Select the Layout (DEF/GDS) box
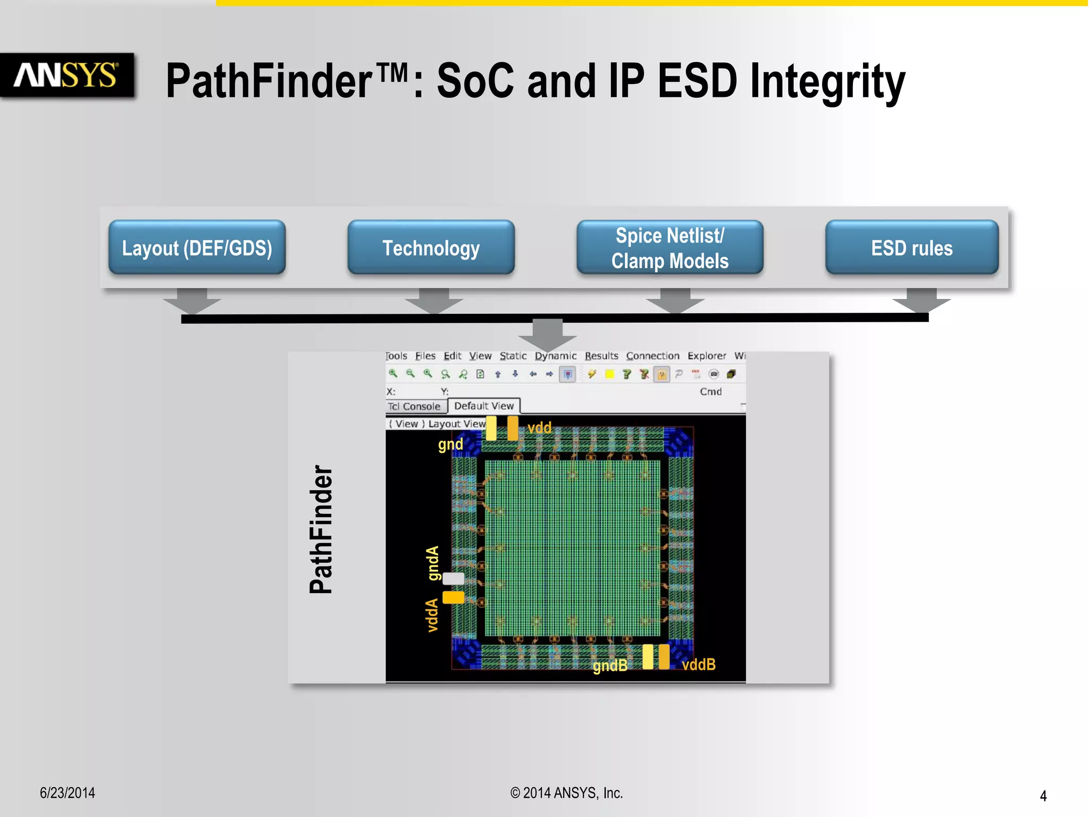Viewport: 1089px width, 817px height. point(197,248)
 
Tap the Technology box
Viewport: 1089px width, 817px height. point(431,248)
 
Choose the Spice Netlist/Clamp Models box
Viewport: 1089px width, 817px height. point(669,248)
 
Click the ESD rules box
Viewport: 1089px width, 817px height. point(911,248)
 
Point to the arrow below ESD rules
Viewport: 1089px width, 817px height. point(921,301)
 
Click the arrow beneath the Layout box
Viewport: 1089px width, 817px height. point(191,301)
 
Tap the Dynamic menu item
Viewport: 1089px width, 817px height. point(555,356)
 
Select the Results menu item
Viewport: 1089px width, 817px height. point(601,356)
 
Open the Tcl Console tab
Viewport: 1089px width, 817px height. point(415,406)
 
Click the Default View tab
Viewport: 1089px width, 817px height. point(484,406)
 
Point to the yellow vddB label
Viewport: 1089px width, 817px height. point(698,664)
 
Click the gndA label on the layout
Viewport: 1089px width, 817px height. point(433,563)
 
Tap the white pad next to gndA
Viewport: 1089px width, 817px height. point(453,579)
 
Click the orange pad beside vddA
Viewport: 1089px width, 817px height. point(453,597)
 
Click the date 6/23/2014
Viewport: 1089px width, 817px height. point(68,793)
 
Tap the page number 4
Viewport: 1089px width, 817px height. point(1043,796)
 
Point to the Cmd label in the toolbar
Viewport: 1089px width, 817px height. point(710,392)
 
